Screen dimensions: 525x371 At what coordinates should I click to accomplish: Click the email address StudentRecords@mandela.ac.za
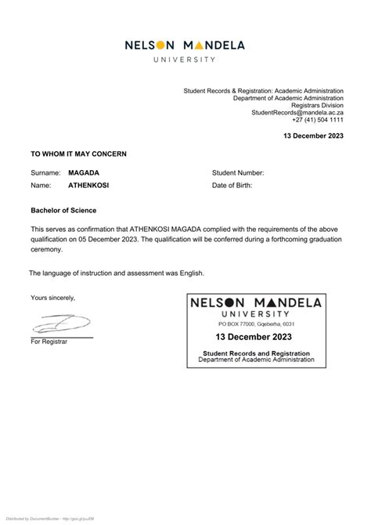[x=297, y=113]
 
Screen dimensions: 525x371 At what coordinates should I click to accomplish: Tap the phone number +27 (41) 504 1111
[x=318, y=120]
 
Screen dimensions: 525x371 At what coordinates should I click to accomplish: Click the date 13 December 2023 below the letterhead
[x=313, y=136]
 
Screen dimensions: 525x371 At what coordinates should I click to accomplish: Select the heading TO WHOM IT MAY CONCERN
[x=78, y=154]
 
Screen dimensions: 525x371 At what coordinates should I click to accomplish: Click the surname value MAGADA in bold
[x=84, y=172]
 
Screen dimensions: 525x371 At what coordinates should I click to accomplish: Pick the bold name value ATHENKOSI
[x=88, y=186]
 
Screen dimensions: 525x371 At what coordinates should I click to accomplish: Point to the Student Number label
[x=238, y=172]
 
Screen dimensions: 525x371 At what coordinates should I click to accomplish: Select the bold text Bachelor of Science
[x=63, y=210]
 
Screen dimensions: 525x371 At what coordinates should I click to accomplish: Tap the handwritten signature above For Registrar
[x=61, y=324]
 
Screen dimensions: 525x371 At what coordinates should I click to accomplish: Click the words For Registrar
[x=49, y=342]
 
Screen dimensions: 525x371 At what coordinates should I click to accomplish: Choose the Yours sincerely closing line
[x=53, y=298]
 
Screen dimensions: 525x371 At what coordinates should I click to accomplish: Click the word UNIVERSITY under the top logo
[x=185, y=60]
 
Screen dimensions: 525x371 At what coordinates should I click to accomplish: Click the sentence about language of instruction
[x=117, y=273]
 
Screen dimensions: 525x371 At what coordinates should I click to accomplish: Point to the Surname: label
[x=45, y=172]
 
